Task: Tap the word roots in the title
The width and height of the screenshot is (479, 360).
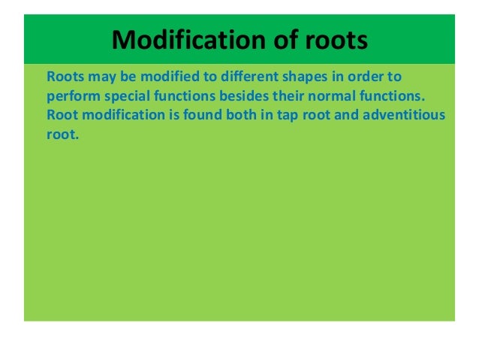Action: click(x=333, y=39)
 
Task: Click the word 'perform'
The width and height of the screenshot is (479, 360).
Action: click(x=70, y=97)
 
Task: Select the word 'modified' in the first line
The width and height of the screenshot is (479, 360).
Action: click(x=158, y=77)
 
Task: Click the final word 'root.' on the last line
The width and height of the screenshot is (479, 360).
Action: click(x=62, y=137)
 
